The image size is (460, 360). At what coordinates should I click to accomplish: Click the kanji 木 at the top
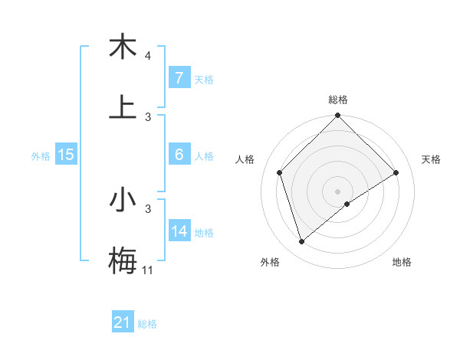pos(123,46)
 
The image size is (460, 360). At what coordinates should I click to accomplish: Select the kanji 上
pos(123,106)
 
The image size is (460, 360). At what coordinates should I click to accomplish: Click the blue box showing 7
pos(179,78)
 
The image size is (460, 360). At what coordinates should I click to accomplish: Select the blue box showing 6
pos(179,155)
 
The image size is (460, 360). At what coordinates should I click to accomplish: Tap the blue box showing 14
pos(179,231)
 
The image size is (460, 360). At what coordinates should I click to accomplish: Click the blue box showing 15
pos(66,155)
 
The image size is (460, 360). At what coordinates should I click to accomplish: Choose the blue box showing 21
pos(123,323)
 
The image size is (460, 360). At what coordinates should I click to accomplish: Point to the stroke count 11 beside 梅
pos(147,270)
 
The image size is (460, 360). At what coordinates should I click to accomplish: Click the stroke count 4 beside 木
pos(147,56)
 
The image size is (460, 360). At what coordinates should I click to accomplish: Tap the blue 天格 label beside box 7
pos(203,79)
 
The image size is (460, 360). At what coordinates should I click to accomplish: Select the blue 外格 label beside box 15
pos(41,155)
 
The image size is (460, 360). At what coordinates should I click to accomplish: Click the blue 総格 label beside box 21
pos(147,324)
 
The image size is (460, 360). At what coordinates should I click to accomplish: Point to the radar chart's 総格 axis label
pos(338,100)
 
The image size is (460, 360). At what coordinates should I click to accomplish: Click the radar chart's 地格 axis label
pos(402,262)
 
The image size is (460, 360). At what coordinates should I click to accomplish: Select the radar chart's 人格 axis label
pos(245,159)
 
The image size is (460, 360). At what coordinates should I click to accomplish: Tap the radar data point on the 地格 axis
pos(347,204)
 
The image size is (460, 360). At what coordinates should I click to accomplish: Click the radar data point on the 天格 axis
pos(396,172)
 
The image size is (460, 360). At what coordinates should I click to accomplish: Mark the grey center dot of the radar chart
pos(338,191)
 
